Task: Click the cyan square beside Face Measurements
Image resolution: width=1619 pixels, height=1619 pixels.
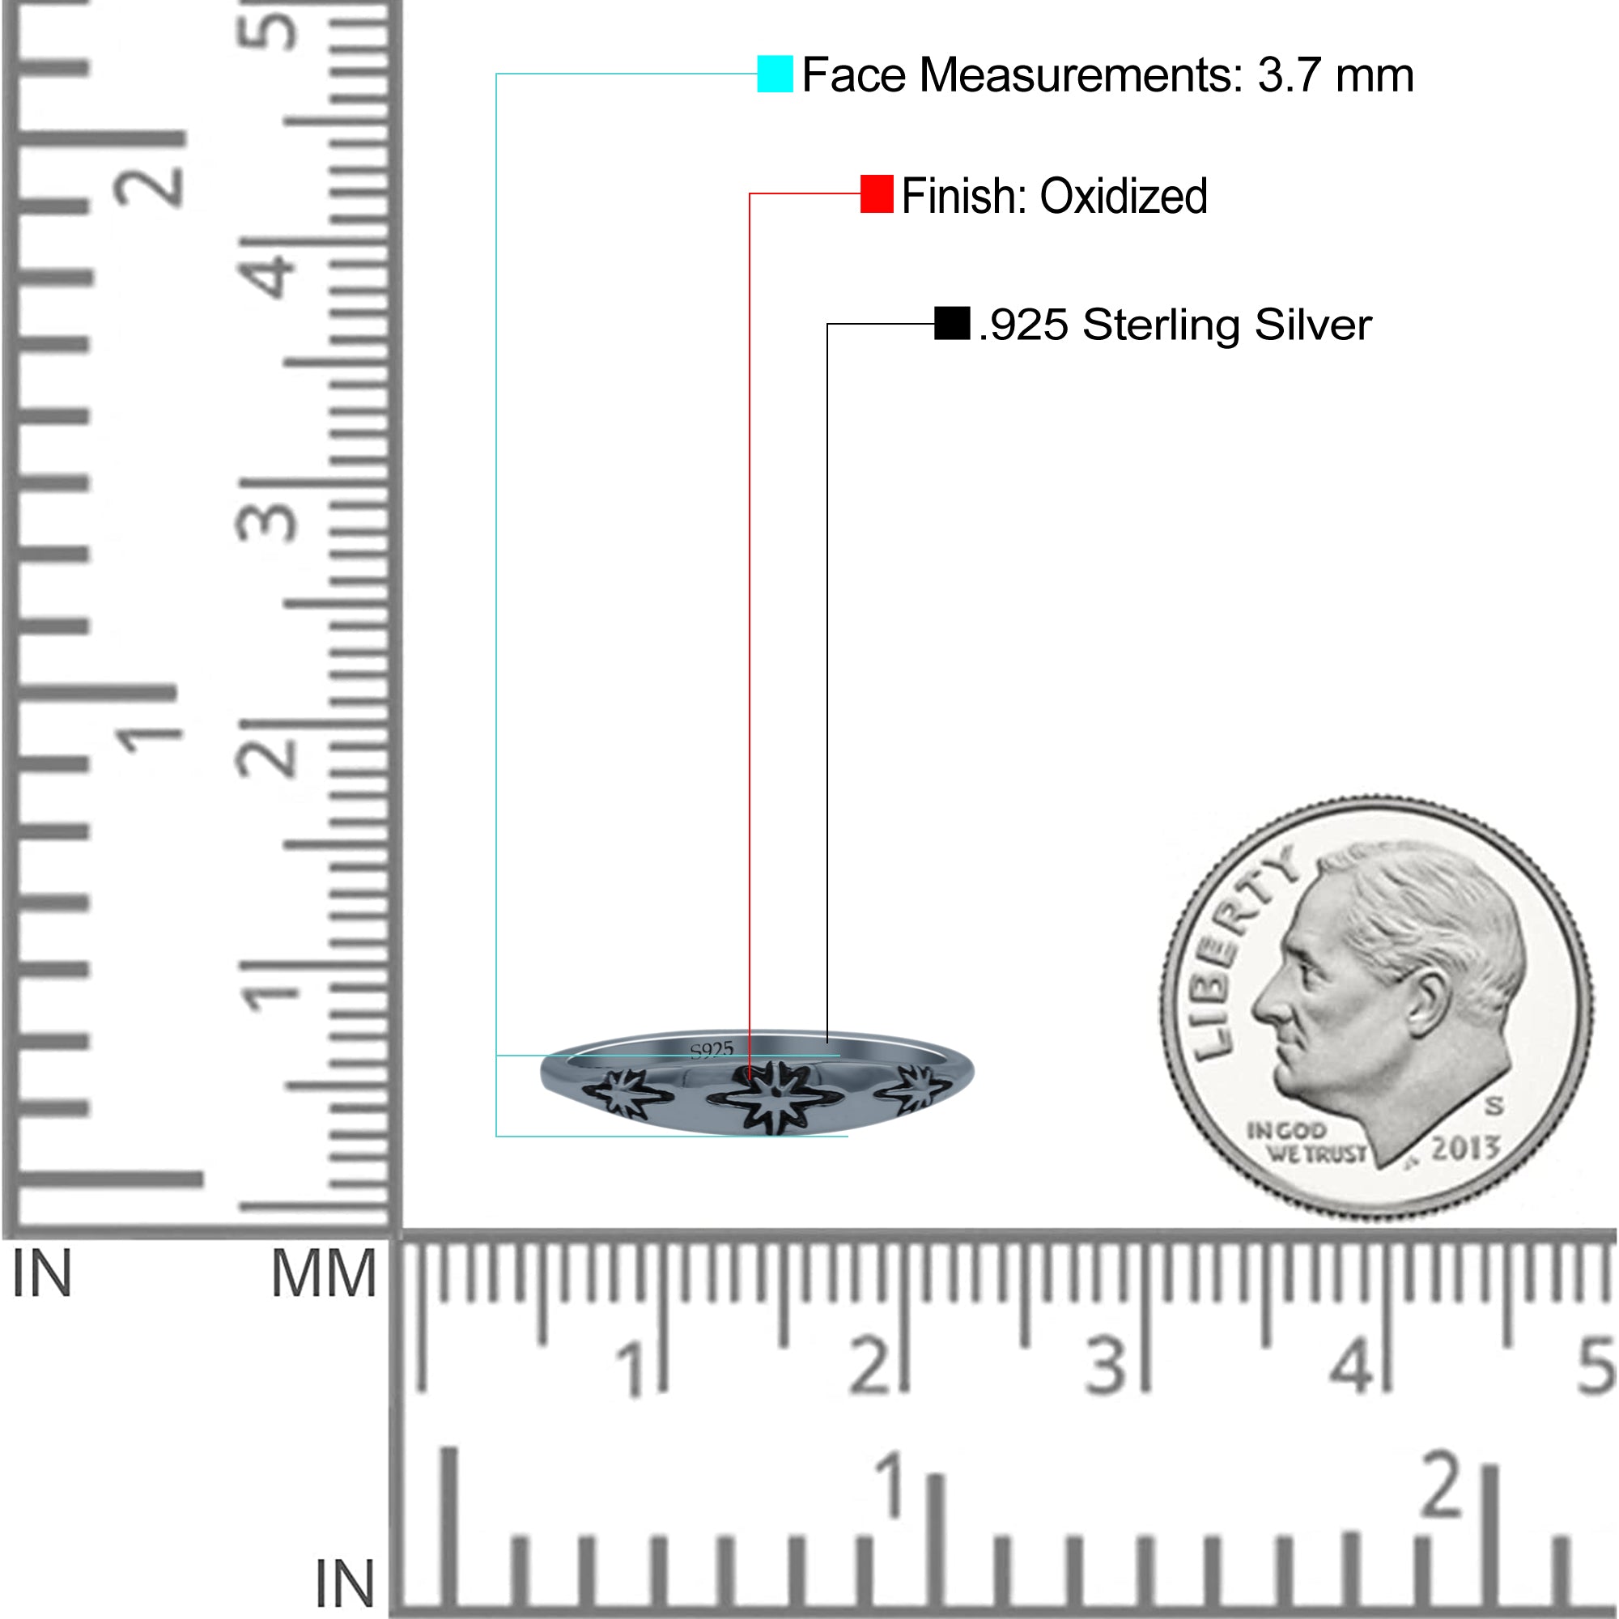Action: (x=775, y=74)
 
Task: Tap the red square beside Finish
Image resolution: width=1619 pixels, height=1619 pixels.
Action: (x=877, y=193)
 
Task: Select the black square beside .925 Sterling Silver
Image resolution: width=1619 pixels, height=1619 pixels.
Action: (x=952, y=323)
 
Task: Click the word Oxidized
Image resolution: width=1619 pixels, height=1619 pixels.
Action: (x=1123, y=196)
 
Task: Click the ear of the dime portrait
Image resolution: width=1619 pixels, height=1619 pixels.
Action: (x=1427, y=1001)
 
